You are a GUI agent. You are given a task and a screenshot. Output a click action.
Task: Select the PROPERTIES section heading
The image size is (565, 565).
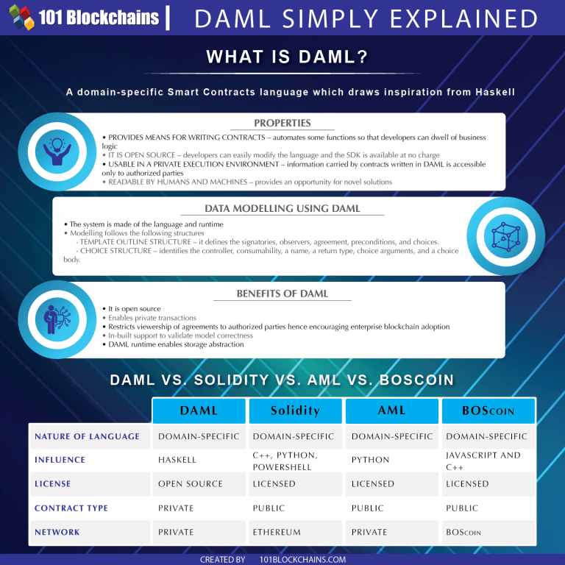282,123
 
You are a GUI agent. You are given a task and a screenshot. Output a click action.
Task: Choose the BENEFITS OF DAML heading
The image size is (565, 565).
282,294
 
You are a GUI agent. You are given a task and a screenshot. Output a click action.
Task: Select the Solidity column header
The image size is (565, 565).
295,411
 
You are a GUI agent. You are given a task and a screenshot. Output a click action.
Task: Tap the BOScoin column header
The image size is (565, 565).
488,411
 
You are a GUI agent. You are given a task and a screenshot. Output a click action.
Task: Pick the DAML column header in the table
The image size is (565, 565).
199,411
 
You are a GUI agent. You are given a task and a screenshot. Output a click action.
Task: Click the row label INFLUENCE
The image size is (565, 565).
60,460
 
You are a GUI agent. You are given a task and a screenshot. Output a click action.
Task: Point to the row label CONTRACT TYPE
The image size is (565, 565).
71,508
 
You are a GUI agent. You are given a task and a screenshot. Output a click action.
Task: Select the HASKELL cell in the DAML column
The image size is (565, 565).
177,460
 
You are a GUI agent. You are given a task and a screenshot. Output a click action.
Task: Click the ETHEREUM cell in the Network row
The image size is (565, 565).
277,532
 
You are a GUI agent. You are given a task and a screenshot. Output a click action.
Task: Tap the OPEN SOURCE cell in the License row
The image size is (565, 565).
190,484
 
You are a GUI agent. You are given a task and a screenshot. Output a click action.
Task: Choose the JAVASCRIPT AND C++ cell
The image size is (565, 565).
483,461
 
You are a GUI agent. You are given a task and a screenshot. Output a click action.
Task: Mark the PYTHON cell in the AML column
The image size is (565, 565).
371,460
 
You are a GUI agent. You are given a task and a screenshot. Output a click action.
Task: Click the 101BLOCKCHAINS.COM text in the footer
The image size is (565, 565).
303,560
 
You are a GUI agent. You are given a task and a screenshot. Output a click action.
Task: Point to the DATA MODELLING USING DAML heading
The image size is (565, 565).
282,208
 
